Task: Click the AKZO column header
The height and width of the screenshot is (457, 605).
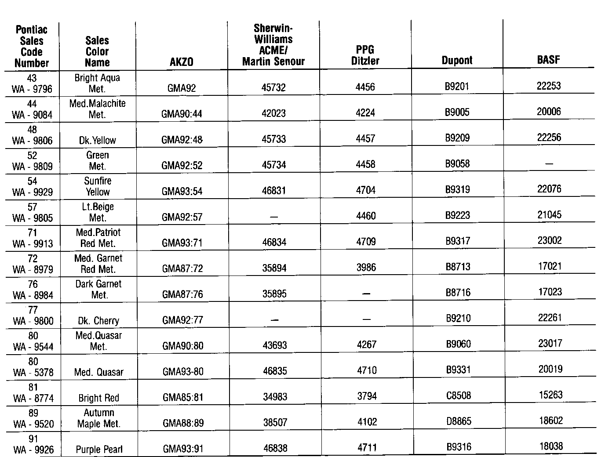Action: [181, 62]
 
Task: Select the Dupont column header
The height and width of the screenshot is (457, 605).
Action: [457, 61]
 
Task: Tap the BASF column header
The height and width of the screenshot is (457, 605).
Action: [548, 60]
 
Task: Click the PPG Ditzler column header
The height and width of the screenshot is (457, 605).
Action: [365, 55]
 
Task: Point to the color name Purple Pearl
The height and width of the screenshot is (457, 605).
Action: [99, 450]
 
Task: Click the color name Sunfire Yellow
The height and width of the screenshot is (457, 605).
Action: [98, 186]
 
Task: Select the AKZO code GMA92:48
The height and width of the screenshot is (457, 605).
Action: [182, 140]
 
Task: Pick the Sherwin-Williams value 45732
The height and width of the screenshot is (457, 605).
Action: [273, 87]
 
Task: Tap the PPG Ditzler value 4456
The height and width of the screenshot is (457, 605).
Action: [365, 87]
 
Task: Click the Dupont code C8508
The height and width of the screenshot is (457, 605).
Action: [459, 395]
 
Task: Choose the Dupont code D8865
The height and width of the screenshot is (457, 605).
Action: [459, 421]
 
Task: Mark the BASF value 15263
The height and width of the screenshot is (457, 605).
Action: [550, 395]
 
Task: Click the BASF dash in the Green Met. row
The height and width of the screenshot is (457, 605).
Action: [549, 163]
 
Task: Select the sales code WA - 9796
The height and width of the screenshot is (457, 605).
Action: [32, 89]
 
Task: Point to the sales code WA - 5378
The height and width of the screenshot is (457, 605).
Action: [33, 373]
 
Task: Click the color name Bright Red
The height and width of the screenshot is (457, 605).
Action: [98, 398]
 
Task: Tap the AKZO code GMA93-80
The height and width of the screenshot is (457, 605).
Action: [183, 372]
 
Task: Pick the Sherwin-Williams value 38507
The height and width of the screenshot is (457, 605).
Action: [275, 423]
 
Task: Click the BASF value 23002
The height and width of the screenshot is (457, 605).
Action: [550, 240]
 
